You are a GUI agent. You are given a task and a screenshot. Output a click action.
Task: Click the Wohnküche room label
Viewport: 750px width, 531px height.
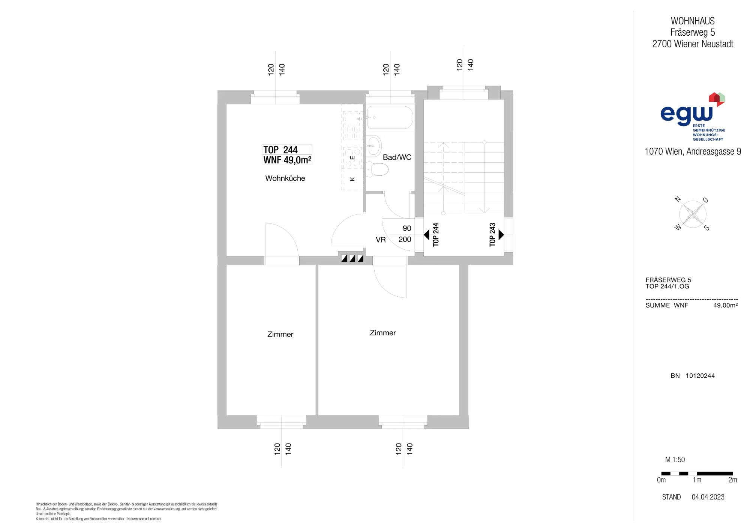pyautogui.click(x=285, y=178)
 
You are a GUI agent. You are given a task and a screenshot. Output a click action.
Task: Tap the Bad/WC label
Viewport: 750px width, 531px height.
pyautogui.click(x=397, y=157)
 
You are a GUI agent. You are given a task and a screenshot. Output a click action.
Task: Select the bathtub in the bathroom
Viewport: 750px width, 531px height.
pyautogui.click(x=390, y=118)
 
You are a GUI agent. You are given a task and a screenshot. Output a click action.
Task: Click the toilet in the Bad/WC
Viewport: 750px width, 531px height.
pyautogui.click(x=377, y=169)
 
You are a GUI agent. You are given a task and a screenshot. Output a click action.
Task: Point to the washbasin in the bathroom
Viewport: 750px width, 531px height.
pyautogui.click(x=373, y=146)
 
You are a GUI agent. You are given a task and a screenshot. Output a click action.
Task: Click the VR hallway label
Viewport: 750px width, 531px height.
pyautogui.click(x=381, y=240)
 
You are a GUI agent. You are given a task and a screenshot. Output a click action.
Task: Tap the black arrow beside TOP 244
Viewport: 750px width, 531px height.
pyautogui.click(x=426, y=235)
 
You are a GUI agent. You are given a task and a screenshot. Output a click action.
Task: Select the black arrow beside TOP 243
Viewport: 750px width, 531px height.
pyautogui.click(x=501, y=235)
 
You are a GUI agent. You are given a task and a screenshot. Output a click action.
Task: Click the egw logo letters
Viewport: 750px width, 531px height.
pyautogui.click(x=686, y=114)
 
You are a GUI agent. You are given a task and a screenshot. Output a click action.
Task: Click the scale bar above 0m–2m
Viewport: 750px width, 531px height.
pyautogui.click(x=697, y=474)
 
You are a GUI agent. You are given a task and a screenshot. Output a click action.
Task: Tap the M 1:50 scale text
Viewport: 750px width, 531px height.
pyautogui.click(x=675, y=460)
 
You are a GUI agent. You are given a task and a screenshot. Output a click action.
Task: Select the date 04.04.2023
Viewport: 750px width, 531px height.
pyautogui.click(x=708, y=497)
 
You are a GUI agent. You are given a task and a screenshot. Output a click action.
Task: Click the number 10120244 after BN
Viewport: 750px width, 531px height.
pyautogui.click(x=700, y=376)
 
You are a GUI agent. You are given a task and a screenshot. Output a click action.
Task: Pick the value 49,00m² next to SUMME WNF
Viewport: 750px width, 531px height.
pyautogui.click(x=725, y=305)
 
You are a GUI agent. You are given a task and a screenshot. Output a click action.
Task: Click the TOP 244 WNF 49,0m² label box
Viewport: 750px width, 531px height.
pyautogui.click(x=287, y=155)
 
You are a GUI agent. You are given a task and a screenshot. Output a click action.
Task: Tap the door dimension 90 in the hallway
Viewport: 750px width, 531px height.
pyautogui.click(x=407, y=228)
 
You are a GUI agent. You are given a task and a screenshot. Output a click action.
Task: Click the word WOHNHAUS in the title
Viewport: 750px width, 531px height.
pyautogui.click(x=693, y=21)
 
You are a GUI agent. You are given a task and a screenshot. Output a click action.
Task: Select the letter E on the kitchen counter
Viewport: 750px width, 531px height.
pyautogui.click(x=352, y=158)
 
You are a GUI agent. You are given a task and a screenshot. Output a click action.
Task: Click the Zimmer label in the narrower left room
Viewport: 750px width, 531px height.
pyautogui.click(x=280, y=334)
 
